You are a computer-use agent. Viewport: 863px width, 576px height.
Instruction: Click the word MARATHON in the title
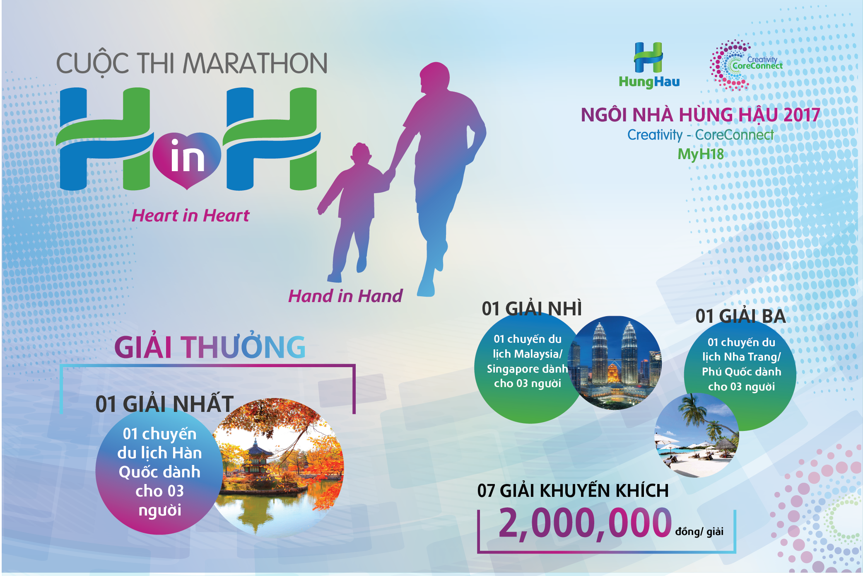(255, 63)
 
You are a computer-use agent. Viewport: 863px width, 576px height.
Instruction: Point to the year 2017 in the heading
(802, 115)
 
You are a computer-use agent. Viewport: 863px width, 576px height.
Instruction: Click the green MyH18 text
(701, 154)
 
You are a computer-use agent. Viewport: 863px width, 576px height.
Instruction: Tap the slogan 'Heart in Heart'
(190, 216)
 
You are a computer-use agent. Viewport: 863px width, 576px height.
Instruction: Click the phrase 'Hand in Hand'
(345, 296)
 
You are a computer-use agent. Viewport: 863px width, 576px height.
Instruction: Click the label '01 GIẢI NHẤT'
(164, 404)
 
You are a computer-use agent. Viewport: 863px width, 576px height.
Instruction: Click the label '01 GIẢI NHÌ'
(532, 309)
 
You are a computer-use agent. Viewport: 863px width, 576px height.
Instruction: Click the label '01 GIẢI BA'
(740, 316)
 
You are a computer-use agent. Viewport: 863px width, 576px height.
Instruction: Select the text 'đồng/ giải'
(699, 531)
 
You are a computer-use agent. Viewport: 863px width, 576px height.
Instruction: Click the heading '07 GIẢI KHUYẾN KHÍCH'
(573, 491)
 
